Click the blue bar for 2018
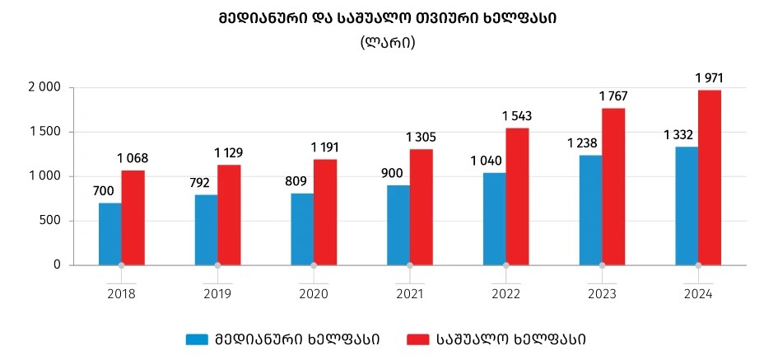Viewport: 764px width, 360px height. (109, 234)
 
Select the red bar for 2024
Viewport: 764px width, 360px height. (710, 177)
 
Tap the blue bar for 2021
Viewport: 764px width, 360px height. (398, 225)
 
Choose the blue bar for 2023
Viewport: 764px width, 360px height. (590, 210)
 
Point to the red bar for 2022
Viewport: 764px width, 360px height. (517, 196)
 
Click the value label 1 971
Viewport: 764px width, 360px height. (709, 78)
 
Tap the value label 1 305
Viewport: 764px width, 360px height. (421, 137)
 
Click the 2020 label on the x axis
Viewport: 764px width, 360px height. (313, 293)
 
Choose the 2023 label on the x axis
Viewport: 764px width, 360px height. (602, 293)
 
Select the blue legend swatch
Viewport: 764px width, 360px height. (198, 339)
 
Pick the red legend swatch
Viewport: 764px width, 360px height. (419, 339)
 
